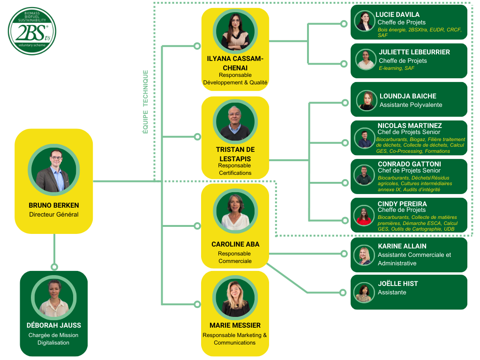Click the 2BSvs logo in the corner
32,31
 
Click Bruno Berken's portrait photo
54,170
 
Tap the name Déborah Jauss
54,325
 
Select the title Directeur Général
54,215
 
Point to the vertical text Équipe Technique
145,102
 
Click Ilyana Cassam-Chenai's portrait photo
235,31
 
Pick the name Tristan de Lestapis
235,154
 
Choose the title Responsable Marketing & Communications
235,339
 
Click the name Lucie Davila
397,15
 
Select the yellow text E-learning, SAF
397,68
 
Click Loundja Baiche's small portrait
367,100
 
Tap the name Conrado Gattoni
409,164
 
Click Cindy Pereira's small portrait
364,215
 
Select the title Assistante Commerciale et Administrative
414,259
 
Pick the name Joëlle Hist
397,284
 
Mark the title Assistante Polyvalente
411,105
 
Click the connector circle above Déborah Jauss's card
54,267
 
